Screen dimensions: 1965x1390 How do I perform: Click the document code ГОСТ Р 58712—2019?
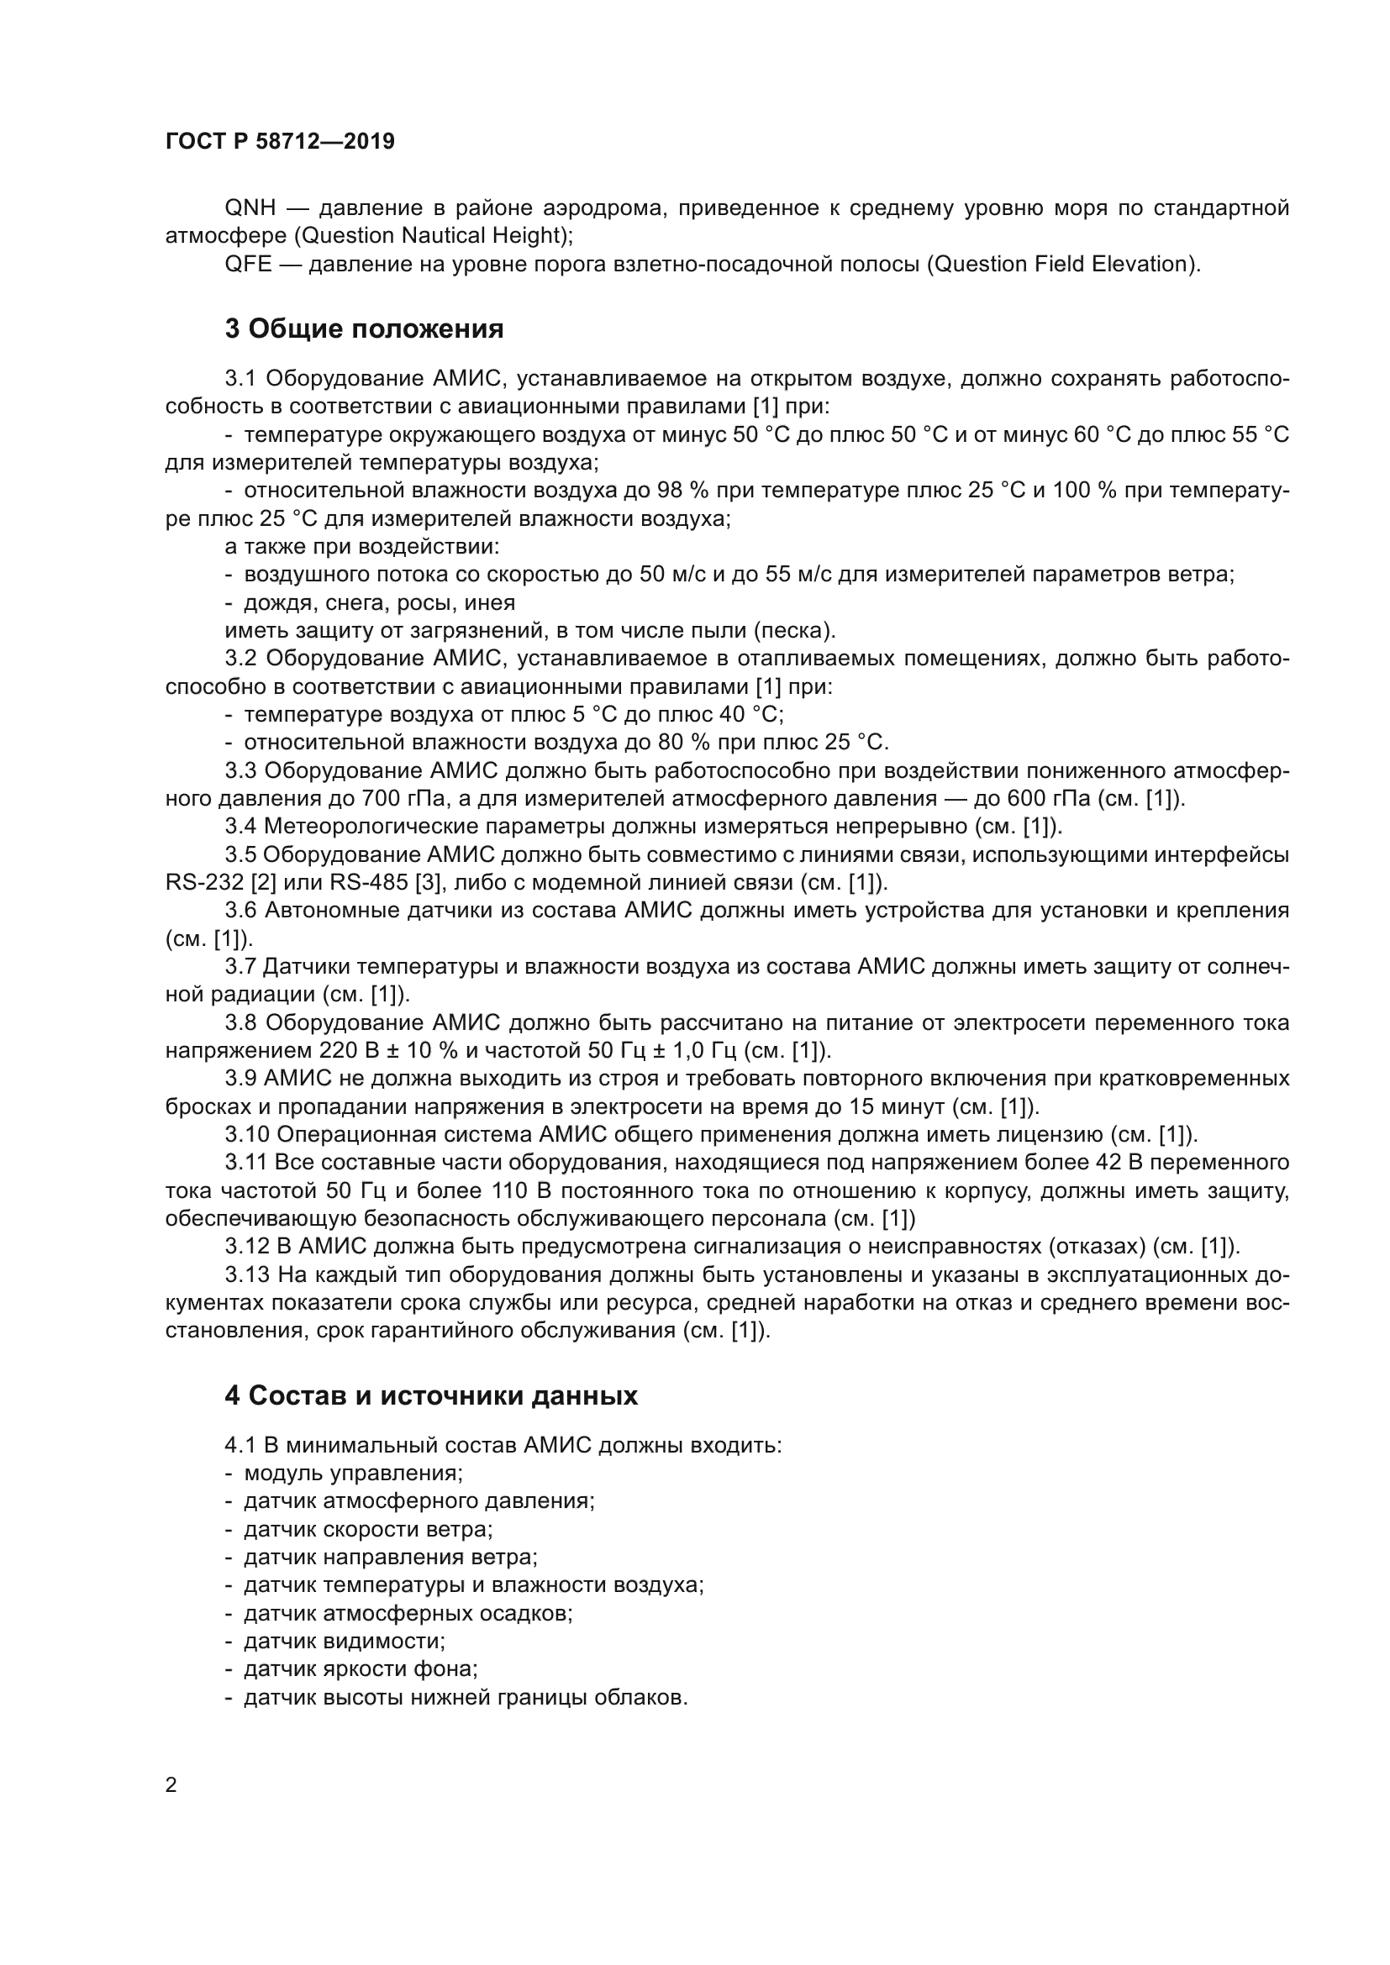click(280, 141)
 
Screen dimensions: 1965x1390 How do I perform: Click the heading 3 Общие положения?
click(364, 328)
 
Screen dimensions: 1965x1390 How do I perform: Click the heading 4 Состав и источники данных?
click(431, 1396)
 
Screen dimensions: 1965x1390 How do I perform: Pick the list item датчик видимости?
click(344, 1641)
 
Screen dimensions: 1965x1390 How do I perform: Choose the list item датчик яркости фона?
click(361, 1669)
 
